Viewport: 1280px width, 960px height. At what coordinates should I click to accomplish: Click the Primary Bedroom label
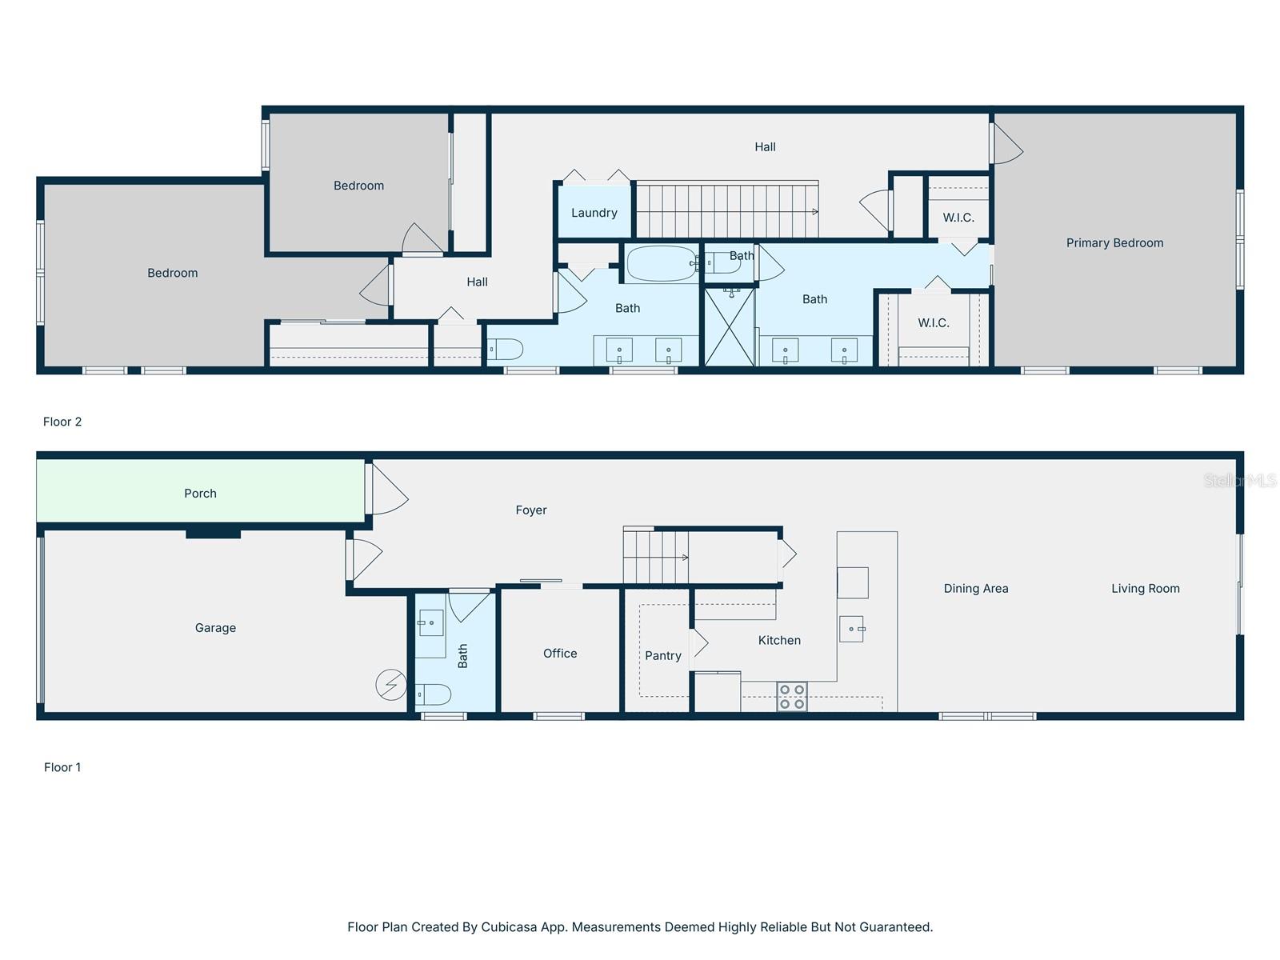[1114, 243]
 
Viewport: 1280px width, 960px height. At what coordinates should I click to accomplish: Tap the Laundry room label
[594, 213]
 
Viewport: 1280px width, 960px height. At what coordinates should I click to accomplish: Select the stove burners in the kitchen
[792, 697]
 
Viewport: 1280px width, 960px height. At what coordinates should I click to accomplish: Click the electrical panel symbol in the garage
[390, 684]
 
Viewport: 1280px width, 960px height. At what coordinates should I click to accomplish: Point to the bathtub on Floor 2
[662, 263]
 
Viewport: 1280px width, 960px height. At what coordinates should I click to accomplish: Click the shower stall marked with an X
[729, 326]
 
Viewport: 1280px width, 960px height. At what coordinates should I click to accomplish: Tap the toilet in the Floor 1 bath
[434, 694]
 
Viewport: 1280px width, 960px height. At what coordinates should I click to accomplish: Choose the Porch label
[200, 494]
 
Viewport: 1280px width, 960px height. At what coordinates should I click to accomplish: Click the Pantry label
[662, 656]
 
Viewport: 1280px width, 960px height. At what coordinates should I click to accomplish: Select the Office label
[560, 654]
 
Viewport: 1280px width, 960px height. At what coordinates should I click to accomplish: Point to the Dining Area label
[975, 589]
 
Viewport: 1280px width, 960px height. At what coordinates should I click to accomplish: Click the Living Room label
[1146, 589]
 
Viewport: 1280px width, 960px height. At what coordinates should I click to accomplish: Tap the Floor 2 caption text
[62, 422]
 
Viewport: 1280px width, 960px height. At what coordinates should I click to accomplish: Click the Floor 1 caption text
[62, 767]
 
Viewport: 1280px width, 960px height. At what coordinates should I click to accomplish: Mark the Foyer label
[530, 510]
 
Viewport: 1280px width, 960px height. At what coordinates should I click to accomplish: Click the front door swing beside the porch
[389, 489]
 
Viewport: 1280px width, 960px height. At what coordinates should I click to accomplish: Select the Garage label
[215, 628]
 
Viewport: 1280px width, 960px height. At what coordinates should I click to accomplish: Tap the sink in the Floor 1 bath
[430, 622]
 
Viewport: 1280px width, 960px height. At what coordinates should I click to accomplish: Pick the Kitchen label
[779, 640]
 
